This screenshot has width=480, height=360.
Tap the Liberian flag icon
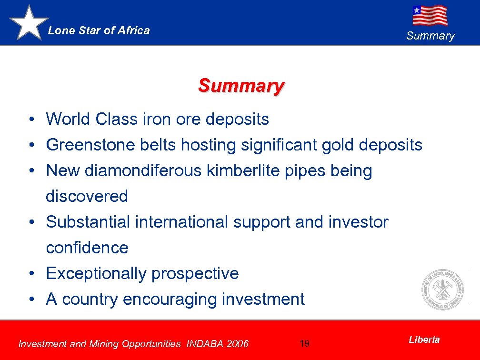[x=430, y=15]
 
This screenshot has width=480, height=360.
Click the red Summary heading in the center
[x=241, y=86]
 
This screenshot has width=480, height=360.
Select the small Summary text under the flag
[x=430, y=36]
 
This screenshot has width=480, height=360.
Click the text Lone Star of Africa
[x=99, y=31]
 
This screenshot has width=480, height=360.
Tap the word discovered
[x=87, y=196]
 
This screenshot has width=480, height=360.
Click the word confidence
[x=87, y=248]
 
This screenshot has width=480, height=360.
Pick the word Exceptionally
[x=96, y=274]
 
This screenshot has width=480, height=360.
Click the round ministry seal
[x=442, y=289]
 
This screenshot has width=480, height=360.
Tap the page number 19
[x=305, y=343]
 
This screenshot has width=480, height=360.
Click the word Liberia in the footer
[x=424, y=340]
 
